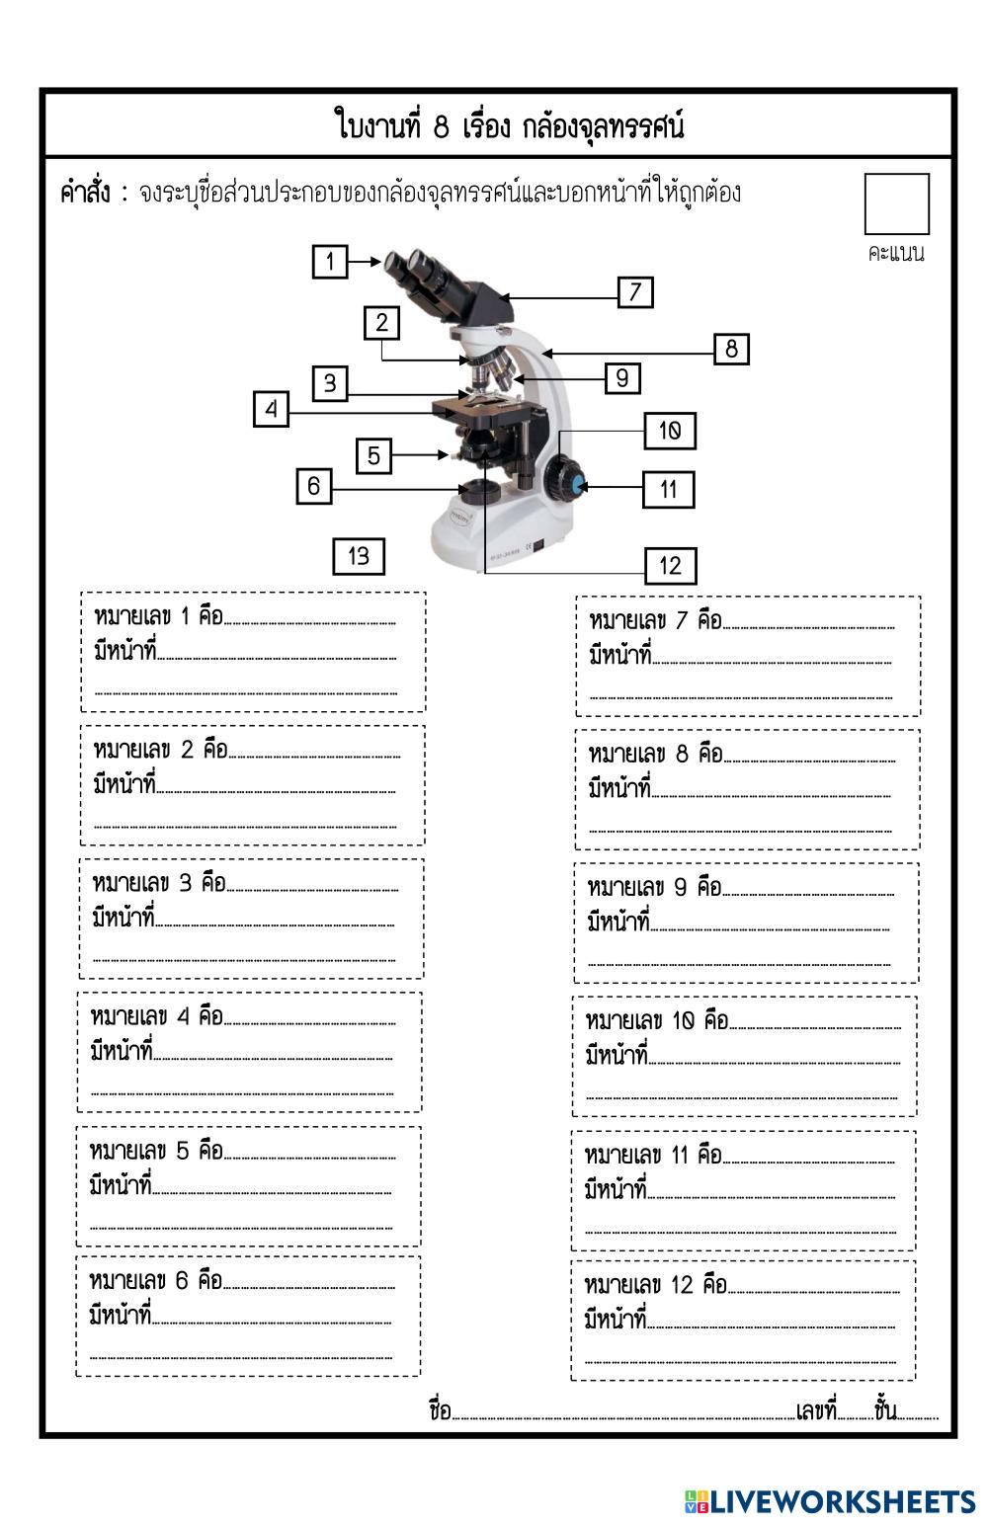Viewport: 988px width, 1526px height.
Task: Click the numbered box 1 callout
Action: (330, 262)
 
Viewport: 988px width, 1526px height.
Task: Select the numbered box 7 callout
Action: (635, 291)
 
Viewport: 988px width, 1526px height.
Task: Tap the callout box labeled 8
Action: (731, 349)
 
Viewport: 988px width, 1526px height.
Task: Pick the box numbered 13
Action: (359, 556)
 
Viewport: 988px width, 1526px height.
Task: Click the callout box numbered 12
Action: (670, 565)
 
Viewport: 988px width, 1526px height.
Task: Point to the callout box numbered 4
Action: (272, 409)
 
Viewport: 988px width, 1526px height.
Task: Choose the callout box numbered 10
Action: (670, 431)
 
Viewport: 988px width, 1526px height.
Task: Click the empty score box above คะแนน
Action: (896, 203)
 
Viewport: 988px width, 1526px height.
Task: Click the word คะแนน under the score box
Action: (896, 253)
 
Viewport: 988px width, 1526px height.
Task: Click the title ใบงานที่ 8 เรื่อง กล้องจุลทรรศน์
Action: (509, 126)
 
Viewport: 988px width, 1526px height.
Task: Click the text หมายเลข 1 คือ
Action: (158, 617)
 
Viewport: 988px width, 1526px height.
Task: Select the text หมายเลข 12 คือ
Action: (655, 1285)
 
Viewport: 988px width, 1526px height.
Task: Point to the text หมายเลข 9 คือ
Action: (654, 887)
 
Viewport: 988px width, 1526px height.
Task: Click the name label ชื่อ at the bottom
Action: (440, 1410)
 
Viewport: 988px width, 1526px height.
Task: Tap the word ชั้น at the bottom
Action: (885, 1410)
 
